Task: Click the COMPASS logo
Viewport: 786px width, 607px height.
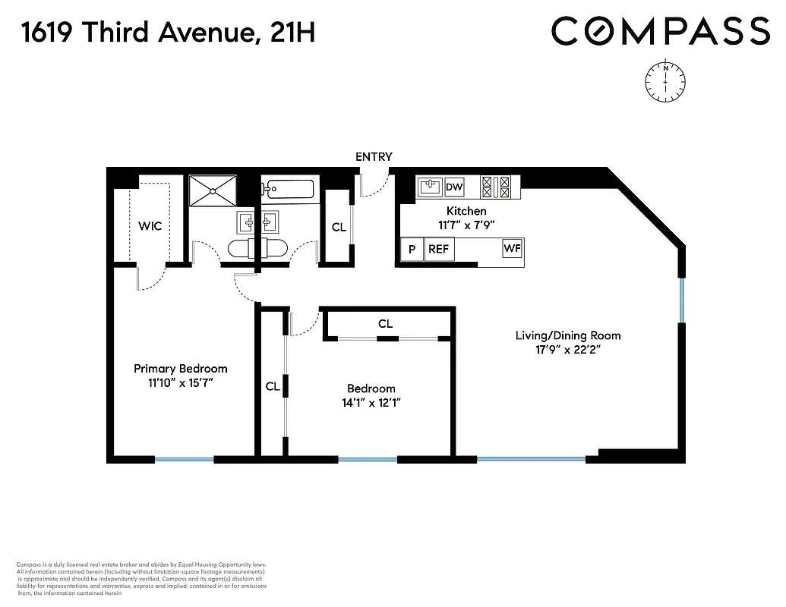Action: pyautogui.click(x=661, y=32)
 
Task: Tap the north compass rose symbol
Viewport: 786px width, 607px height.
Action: pyautogui.click(x=665, y=80)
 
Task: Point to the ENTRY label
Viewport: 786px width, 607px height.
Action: pyautogui.click(x=374, y=157)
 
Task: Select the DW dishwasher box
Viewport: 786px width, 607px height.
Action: pyautogui.click(x=454, y=187)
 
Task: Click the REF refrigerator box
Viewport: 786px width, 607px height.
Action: pyautogui.click(x=438, y=249)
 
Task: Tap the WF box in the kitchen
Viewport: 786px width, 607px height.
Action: pyautogui.click(x=512, y=248)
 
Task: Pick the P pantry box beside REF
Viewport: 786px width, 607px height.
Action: pyautogui.click(x=412, y=249)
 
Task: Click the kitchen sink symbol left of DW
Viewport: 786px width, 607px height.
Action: pyautogui.click(x=430, y=187)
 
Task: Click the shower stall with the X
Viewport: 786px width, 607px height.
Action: pyautogui.click(x=213, y=190)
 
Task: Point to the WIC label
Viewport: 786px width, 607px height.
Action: pyautogui.click(x=150, y=226)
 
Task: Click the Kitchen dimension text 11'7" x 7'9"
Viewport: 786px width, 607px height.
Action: pyautogui.click(x=466, y=225)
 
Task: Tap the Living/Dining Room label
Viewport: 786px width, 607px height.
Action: pyautogui.click(x=567, y=335)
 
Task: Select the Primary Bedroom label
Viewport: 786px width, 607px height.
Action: pyautogui.click(x=180, y=369)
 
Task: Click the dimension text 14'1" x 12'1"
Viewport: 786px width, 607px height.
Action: pyautogui.click(x=371, y=403)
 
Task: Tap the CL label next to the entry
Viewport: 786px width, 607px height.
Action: pyautogui.click(x=339, y=227)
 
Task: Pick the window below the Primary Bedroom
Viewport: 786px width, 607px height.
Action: pyautogui.click(x=185, y=459)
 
